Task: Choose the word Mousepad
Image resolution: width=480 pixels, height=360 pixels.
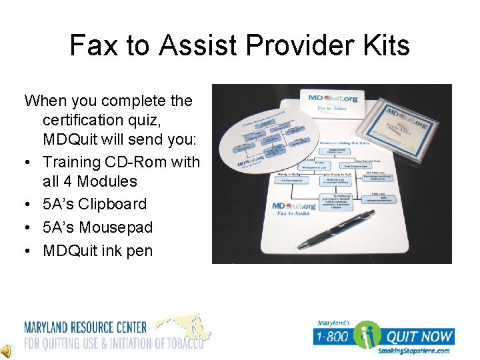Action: pos(116,227)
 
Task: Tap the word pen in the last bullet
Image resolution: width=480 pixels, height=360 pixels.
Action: pos(140,251)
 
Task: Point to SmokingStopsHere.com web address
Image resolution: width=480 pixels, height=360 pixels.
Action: pos(413,351)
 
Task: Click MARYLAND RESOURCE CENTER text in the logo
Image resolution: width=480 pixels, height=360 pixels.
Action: pos(85,327)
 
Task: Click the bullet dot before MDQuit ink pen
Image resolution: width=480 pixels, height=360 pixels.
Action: pos(29,251)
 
